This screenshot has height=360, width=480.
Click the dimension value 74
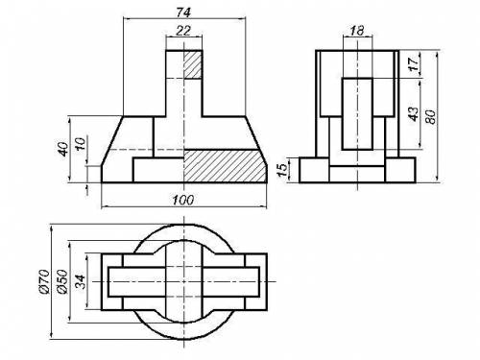183,12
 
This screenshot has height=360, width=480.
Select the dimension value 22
183,31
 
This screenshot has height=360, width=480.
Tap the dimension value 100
183,201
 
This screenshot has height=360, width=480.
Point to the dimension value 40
63,149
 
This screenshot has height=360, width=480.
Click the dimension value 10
80,144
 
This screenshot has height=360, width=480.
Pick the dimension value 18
357,31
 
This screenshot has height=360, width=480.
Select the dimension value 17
414,64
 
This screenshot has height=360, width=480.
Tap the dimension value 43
414,114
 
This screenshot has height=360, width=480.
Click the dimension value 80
431,117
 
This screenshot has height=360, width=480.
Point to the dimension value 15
282,170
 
